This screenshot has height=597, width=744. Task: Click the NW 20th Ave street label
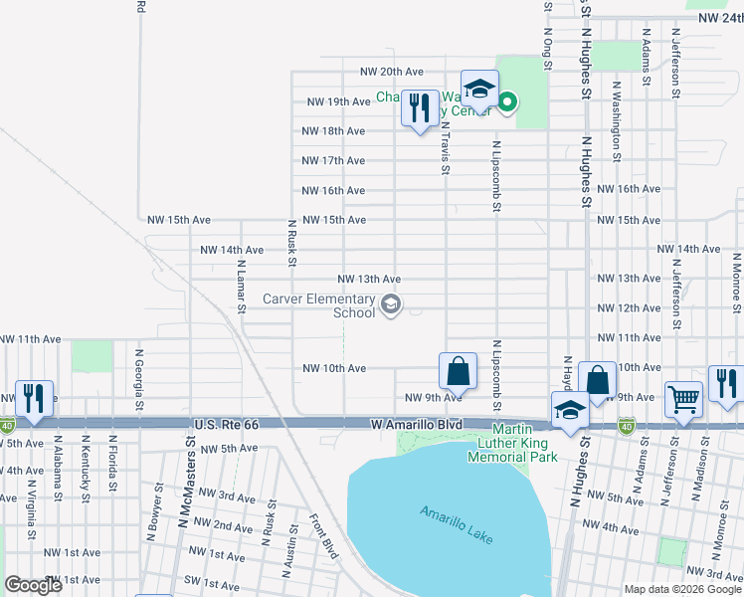coord(392,72)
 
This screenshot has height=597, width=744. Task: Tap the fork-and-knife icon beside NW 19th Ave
coord(420,107)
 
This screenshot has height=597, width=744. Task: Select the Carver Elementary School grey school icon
coord(391,304)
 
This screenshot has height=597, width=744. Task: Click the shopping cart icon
coord(683,399)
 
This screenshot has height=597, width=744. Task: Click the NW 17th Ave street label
coord(334,161)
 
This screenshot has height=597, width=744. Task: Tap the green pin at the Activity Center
coord(507,101)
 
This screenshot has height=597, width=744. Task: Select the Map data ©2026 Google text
coord(682,589)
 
